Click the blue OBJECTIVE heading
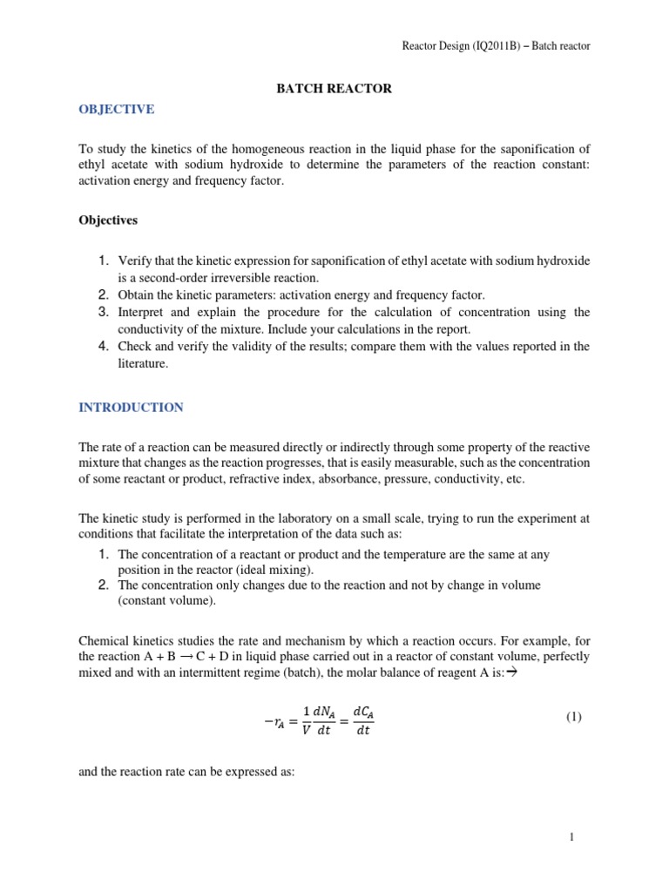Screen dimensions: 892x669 coord(117,109)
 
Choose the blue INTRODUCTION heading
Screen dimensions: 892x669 coord(132,407)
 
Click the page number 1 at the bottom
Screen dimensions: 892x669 coord(571,837)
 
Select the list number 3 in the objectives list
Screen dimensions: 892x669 coord(102,312)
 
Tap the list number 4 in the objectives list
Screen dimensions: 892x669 coord(102,346)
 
